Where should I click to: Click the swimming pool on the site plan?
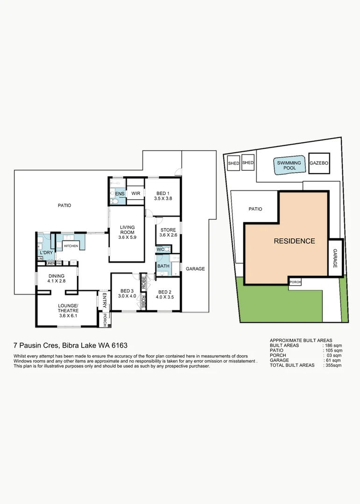289,165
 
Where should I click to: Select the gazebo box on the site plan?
319,163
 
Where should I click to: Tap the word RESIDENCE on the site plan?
294,241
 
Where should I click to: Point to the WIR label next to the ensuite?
136,193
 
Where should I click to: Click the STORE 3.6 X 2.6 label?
168,232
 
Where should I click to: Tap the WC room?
161,250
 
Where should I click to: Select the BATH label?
163,266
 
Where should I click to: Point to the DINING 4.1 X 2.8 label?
56,279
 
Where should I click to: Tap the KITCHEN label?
71,246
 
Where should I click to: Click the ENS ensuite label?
120,193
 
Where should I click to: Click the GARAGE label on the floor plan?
195,269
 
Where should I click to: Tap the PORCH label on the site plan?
295,282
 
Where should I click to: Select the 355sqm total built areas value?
334,365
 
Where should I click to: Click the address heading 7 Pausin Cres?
71,346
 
